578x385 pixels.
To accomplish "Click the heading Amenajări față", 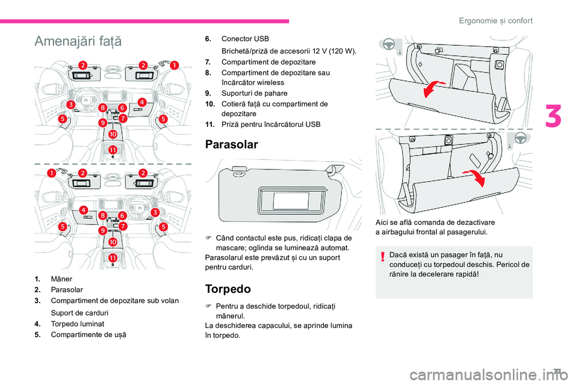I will [x=78, y=42].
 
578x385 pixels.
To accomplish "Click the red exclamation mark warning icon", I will [x=383, y=256].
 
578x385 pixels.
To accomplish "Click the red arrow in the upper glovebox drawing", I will [x=435, y=88].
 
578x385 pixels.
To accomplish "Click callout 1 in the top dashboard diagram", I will [x=174, y=64].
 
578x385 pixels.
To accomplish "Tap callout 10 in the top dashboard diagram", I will [x=113, y=135].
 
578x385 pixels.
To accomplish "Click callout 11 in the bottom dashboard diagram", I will [x=113, y=257].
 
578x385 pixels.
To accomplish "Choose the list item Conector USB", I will [x=245, y=38].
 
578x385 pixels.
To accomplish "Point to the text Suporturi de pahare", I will [x=255, y=93].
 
